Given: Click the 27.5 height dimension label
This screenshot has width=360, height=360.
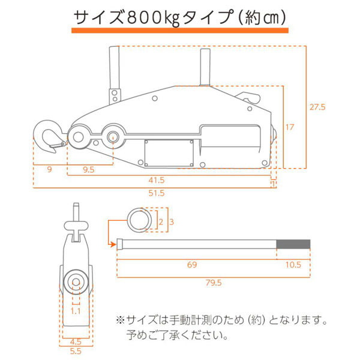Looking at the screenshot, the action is click(x=317, y=107).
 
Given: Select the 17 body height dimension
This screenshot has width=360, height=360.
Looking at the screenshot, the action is click(x=290, y=127).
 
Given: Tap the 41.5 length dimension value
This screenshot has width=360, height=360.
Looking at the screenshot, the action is click(x=157, y=180).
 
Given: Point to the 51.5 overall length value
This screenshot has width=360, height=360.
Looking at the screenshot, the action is click(x=157, y=193).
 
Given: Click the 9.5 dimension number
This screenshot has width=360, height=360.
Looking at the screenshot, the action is click(x=89, y=170).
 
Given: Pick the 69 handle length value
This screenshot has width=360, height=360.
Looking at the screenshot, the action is click(x=192, y=265).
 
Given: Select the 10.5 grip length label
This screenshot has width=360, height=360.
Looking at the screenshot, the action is click(x=293, y=265).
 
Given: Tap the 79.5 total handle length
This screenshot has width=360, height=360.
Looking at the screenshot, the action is click(x=214, y=283).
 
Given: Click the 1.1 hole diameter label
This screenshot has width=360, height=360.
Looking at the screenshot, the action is click(x=76, y=311).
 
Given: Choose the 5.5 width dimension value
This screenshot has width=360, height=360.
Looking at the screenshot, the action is click(x=76, y=351).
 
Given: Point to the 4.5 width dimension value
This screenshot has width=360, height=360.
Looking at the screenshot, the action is click(x=76, y=342).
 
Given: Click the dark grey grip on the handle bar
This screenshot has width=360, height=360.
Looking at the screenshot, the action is click(x=293, y=244).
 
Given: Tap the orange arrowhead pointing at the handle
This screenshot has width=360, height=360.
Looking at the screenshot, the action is click(x=113, y=244).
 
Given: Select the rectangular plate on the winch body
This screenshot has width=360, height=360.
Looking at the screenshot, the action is click(x=169, y=153).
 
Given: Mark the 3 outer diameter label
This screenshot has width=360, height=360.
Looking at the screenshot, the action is click(x=172, y=222).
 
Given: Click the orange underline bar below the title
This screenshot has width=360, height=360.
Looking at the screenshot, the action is click(x=180, y=31).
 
